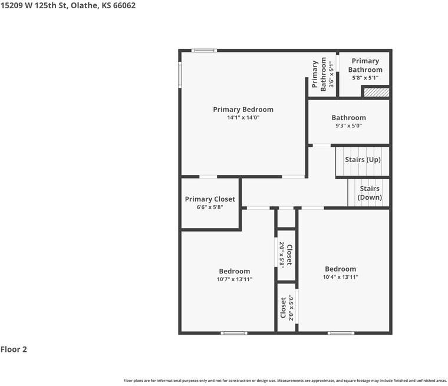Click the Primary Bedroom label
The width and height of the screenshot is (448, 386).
click(243, 110)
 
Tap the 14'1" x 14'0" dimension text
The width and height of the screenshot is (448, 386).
click(243, 118)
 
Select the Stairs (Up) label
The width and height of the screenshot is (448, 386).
click(363, 160)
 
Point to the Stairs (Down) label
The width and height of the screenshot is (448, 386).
click(370, 193)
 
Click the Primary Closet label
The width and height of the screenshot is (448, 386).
click(210, 199)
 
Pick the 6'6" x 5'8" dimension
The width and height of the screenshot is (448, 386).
click(210, 207)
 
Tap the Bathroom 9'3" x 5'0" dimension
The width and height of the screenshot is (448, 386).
click(348, 126)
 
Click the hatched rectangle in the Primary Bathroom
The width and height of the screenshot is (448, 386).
click(375, 93)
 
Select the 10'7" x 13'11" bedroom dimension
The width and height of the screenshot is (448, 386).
click(235, 279)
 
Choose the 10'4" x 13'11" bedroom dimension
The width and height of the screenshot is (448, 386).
click(340, 277)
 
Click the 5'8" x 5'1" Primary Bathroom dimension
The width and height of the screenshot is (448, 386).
click(365, 77)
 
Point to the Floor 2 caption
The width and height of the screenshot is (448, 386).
click(14, 349)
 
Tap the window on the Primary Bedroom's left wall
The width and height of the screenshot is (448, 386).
click(180, 75)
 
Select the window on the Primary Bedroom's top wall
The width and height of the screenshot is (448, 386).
click(205, 50)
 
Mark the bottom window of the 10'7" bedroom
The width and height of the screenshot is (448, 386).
click(234, 333)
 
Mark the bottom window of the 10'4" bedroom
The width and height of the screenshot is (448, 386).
click(341, 333)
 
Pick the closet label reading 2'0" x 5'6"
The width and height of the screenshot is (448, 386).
click(286, 307)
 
